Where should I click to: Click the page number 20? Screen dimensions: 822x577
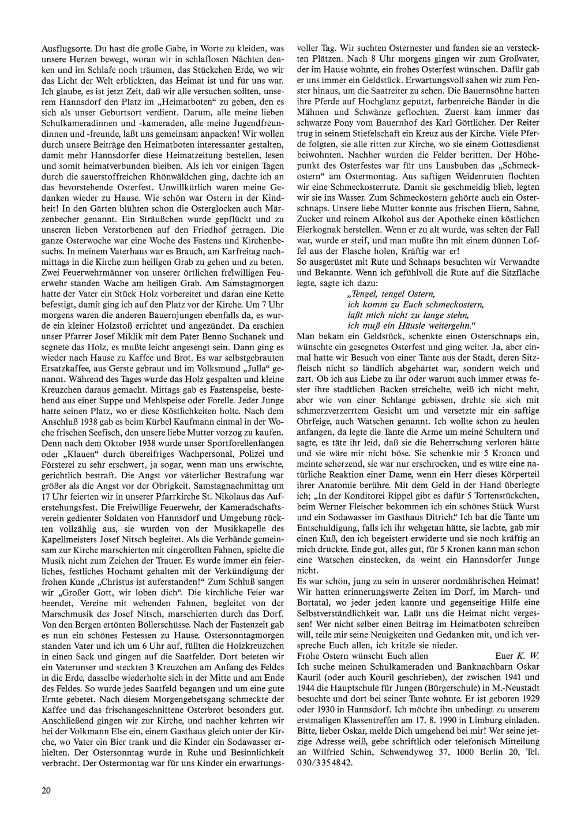click(46, 790)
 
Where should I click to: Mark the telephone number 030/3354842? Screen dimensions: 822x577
click(327, 763)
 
